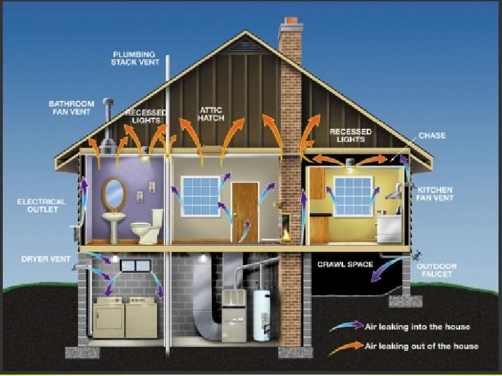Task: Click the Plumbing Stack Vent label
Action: pos(135,58)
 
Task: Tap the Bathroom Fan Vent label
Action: pos(71,108)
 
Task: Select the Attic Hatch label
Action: pos(211,113)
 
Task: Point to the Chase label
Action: pos(432,135)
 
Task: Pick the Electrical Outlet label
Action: pos(41,206)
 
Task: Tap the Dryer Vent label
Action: pos(47,259)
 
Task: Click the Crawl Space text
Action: pos(345,265)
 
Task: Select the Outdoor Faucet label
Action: pos(436,270)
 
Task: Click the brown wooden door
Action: pos(245,212)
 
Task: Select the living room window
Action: pos(200,194)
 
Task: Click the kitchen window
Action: pos(353,194)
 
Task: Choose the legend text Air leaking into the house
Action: pos(418,326)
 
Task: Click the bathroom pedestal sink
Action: pos(115,224)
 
